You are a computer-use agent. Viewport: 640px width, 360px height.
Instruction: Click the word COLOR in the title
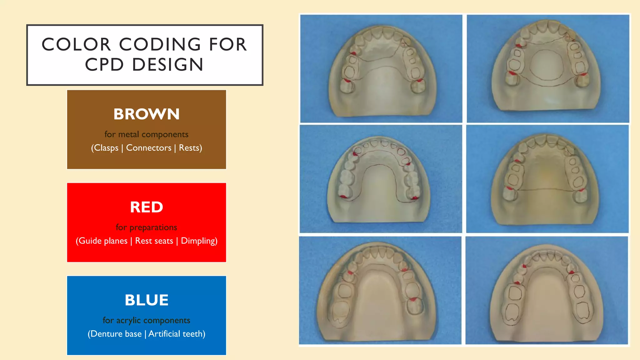point(77,44)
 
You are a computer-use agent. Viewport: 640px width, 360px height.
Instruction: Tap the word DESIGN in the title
point(168,65)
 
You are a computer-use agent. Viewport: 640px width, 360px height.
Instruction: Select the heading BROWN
point(147,114)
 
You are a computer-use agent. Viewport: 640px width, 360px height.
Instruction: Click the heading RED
point(147,207)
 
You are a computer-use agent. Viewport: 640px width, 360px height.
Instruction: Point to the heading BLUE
point(147,300)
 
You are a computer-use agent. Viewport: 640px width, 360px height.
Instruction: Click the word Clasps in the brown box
point(106,148)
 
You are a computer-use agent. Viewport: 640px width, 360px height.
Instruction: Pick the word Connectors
point(149,148)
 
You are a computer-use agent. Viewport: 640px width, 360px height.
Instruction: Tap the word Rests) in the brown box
point(190,148)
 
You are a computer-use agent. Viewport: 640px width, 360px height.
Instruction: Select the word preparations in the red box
point(153,227)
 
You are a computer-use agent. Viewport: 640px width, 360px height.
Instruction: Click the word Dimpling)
point(199,241)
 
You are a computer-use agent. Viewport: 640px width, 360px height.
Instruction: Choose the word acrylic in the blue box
point(128,320)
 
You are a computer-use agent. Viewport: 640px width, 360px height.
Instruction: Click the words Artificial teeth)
point(177,334)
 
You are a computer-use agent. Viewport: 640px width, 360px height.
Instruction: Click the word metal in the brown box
point(128,134)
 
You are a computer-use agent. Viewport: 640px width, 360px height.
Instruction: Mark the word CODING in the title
point(160,44)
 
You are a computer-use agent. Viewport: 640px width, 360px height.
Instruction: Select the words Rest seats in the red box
point(154,241)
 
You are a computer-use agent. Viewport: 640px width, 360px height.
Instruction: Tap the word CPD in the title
point(104,65)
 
